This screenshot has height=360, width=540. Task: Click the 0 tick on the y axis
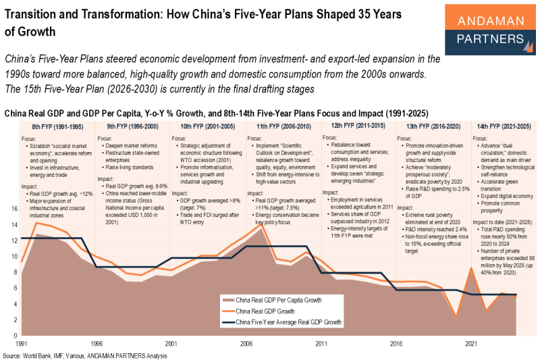click(x=15, y=336)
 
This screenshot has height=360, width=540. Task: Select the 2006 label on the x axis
click(x=246, y=344)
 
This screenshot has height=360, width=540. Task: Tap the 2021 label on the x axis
click(x=471, y=344)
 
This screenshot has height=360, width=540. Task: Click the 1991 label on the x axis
click(x=22, y=344)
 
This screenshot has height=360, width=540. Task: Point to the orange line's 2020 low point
click(x=457, y=317)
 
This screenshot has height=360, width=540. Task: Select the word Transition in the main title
click(x=34, y=14)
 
